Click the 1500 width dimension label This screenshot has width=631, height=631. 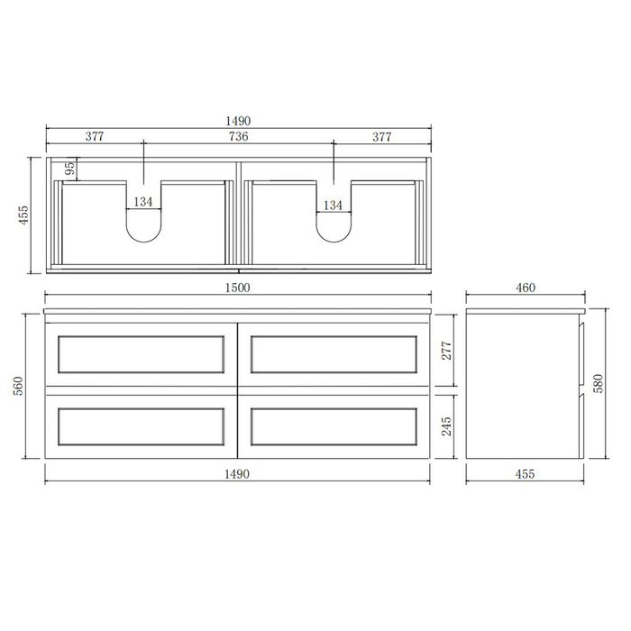[238, 288]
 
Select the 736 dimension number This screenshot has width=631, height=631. [238, 136]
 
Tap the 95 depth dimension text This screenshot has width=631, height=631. [69, 169]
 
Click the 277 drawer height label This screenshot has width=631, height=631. [444, 350]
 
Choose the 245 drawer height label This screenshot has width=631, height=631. [444, 425]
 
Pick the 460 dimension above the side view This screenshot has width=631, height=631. [525, 288]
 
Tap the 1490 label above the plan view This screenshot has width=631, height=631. [238, 121]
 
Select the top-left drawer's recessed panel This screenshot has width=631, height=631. [141, 354]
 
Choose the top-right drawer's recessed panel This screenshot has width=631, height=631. [334, 354]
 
